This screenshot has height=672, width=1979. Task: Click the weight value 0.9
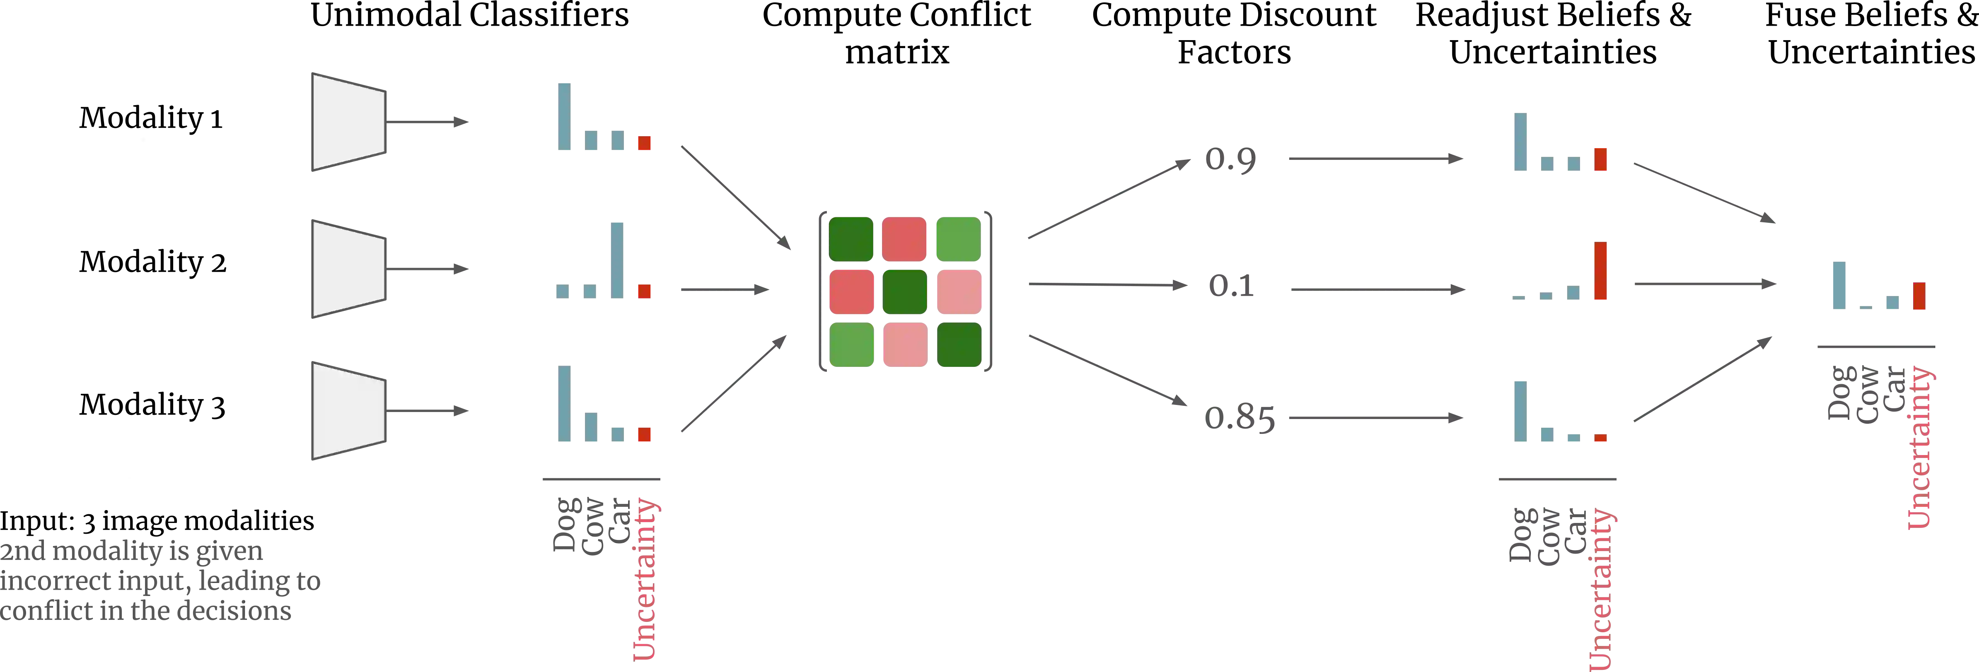pyautogui.click(x=1229, y=160)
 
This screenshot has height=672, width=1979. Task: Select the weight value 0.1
pyautogui.click(x=1232, y=286)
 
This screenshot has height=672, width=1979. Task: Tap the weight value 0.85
pyautogui.click(x=1238, y=419)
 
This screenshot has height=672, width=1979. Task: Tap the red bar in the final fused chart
pyautogui.click(x=1919, y=296)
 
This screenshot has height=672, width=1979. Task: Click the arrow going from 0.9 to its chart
pyautogui.click(x=1375, y=159)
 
